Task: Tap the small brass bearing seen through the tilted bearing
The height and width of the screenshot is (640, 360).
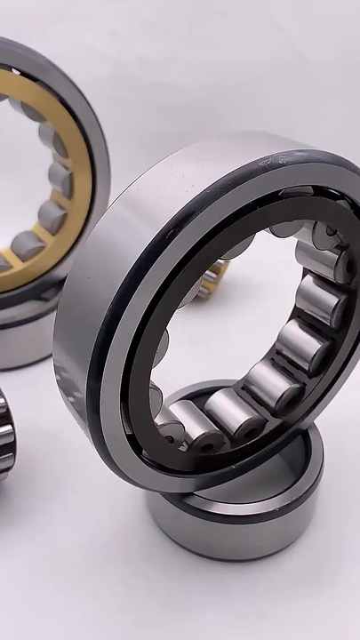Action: point(212,280)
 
